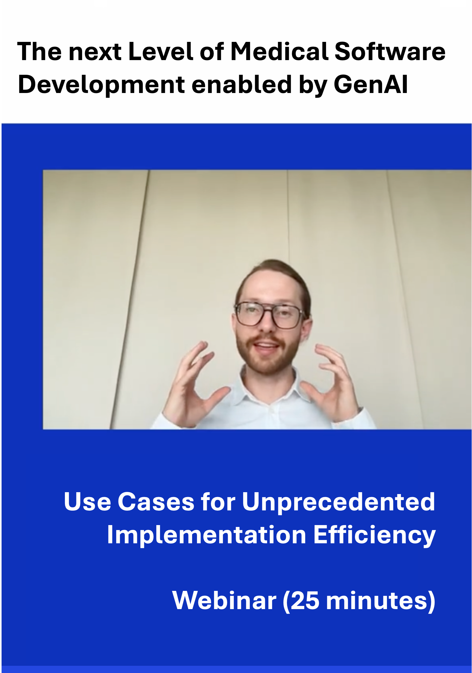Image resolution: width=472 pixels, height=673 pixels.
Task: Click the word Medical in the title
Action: [280, 52]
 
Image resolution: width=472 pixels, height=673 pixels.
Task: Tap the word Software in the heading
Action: [390, 52]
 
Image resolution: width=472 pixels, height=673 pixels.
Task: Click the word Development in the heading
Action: [101, 85]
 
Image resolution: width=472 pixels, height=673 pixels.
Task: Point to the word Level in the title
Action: [161, 52]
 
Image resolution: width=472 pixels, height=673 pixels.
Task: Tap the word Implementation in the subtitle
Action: [207, 535]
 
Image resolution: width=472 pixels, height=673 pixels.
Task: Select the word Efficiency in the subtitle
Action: [374, 535]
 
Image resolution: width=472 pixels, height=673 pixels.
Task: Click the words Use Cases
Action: [129, 501]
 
